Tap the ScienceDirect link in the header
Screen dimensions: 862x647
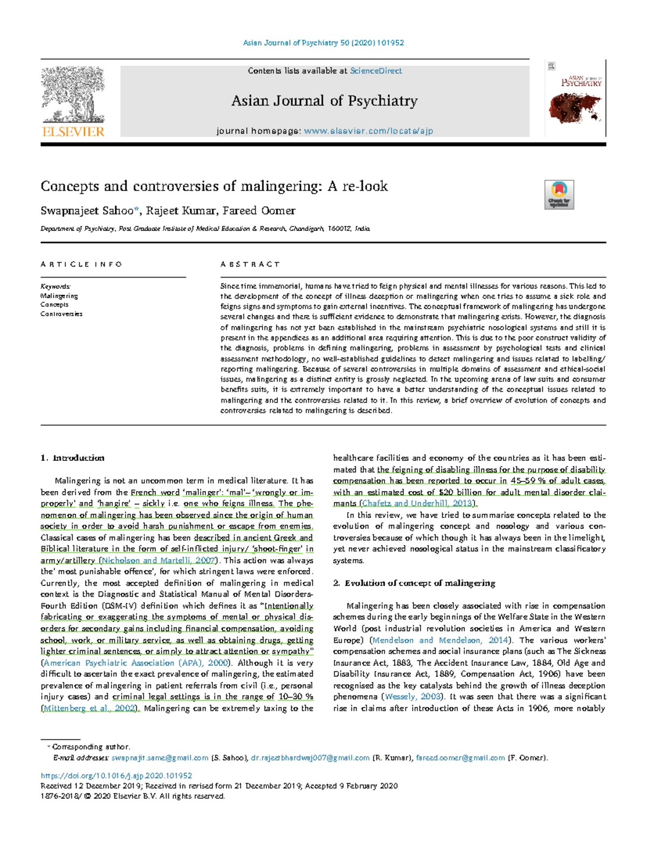(376, 71)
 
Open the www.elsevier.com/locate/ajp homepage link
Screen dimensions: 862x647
(368, 130)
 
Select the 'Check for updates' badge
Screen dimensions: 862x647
(559, 195)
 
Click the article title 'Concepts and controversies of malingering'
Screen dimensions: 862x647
(214, 187)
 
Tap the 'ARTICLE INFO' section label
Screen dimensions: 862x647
(81, 264)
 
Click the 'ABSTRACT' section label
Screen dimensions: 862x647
(250, 264)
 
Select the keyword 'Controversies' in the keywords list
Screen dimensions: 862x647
(61, 314)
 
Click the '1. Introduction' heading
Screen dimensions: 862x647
(73, 458)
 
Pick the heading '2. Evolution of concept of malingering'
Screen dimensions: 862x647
(414, 583)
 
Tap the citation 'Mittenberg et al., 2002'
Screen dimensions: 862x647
(90, 708)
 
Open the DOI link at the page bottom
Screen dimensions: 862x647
(116, 776)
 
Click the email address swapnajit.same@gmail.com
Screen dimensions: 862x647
(160, 758)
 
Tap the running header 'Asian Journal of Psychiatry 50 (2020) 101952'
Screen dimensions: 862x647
(323, 43)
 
